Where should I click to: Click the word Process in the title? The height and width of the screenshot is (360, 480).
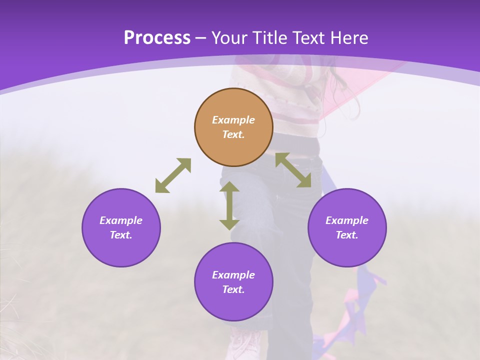[157, 38]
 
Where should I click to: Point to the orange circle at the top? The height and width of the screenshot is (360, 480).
[233, 127]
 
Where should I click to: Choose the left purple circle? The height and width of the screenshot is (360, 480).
[121, 227]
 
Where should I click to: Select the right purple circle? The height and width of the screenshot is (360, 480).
[347, 227]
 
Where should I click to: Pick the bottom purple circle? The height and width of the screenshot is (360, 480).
[233, 282]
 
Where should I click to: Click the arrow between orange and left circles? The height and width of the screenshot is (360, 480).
[173, 175]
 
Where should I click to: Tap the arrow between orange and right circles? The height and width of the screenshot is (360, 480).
[293, 170]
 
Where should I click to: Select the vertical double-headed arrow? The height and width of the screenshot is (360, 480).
[229, 205]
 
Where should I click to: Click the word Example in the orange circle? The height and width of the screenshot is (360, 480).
[233, 120]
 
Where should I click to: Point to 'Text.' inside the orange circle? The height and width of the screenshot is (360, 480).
[233, 134]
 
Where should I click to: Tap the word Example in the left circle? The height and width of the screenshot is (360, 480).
[121, 220]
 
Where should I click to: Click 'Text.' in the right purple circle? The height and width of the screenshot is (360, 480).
[347, 235]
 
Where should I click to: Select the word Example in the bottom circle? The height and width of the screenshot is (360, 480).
[233, 275]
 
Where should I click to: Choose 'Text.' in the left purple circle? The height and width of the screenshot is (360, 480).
[121, 235]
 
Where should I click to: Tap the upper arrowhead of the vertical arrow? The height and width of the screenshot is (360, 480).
[229, 187]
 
